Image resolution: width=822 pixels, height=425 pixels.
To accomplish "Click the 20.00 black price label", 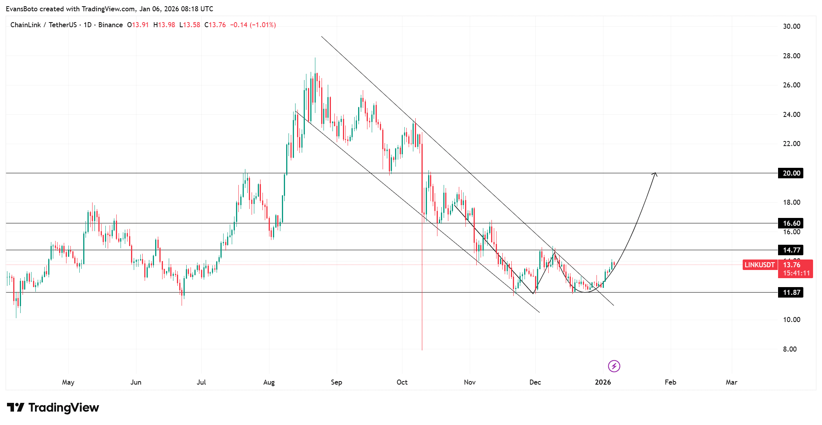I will point(791,173).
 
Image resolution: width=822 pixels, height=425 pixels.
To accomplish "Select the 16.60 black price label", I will point(791,223).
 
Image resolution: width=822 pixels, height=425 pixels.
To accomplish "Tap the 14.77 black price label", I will point(791,250).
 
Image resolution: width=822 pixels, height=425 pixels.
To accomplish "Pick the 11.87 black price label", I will point(791,293).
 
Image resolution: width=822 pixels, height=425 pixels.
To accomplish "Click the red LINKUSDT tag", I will point(759,265).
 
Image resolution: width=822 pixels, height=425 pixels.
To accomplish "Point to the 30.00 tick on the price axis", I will point(791,26).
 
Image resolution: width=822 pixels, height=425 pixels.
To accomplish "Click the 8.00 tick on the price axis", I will point(790,349).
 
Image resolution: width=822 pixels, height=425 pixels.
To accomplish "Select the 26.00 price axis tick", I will point(791,85).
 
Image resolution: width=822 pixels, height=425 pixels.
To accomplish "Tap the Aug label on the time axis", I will point(269,382).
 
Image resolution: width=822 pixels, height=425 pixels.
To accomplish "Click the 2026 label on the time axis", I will point(603,382).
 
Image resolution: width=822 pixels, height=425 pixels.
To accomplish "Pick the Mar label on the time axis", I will point(731,382).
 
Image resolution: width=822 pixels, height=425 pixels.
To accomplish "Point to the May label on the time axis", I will point(68,382).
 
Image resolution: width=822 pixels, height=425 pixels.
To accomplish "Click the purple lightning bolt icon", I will point(614,366).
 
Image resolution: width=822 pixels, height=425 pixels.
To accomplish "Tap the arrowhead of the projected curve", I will point(655,174).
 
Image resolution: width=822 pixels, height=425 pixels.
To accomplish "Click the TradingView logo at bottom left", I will point(53,408).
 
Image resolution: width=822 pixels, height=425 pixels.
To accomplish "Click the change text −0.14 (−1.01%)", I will point(253,25).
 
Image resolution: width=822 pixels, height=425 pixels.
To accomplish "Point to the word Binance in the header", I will point(110,25).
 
